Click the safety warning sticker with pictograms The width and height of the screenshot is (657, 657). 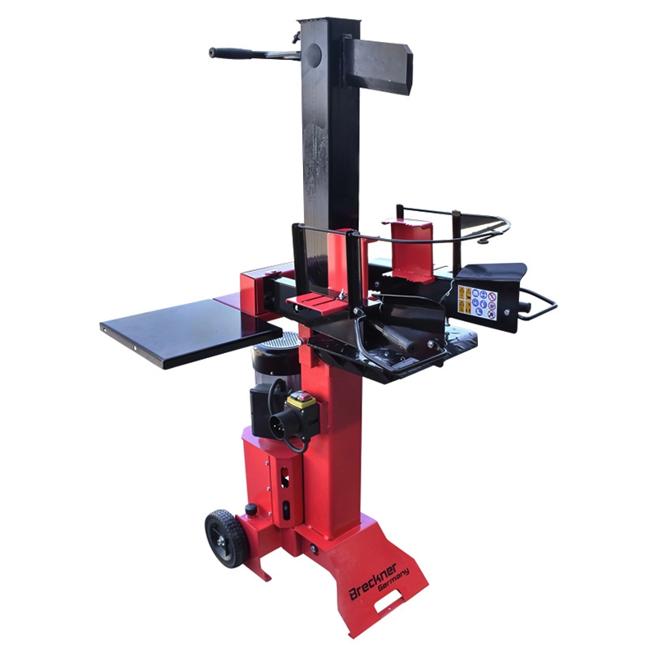click(477, 301)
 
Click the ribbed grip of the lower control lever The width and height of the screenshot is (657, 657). click(398, 338)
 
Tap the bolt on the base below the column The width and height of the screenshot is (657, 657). click(313, 548)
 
